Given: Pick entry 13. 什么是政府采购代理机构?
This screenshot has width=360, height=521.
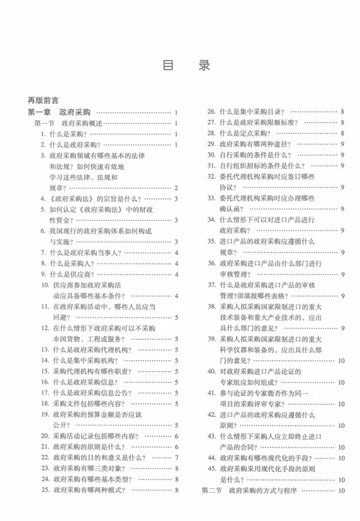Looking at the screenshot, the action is pyautogui.click(x=86, y=350).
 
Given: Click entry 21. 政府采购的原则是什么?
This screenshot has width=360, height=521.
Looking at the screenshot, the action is pyautogui.click(x=86, y=447).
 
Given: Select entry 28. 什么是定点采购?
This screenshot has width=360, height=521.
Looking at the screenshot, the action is pyautogui.click(x=243, y=133).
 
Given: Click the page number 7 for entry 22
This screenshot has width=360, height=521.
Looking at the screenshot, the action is pyautogui.click(x=176, y=458).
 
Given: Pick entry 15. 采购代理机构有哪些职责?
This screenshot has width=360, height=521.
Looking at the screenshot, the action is pyautogui.click(x=86, y=372).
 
